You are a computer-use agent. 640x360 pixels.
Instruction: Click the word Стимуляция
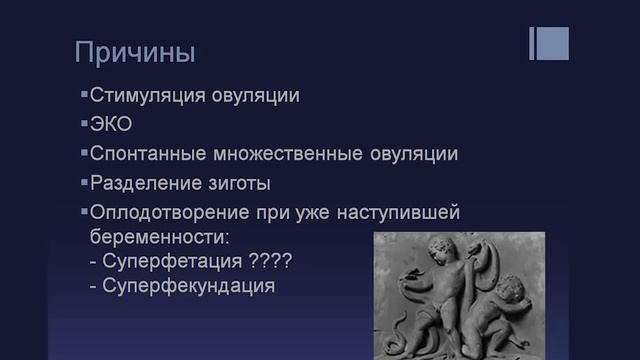pyautogui.click(x=141, y=97)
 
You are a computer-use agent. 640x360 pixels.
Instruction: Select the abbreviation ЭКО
pyautogui.click(x=111, y=126)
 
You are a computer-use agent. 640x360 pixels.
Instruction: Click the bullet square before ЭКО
pyautogui.click(x=84, y=125)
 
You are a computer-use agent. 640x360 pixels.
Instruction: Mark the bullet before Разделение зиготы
pyautogui.click(x=84, y=183)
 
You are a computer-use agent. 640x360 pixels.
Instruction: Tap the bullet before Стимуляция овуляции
pyautogui.click(x=84, y=96)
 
